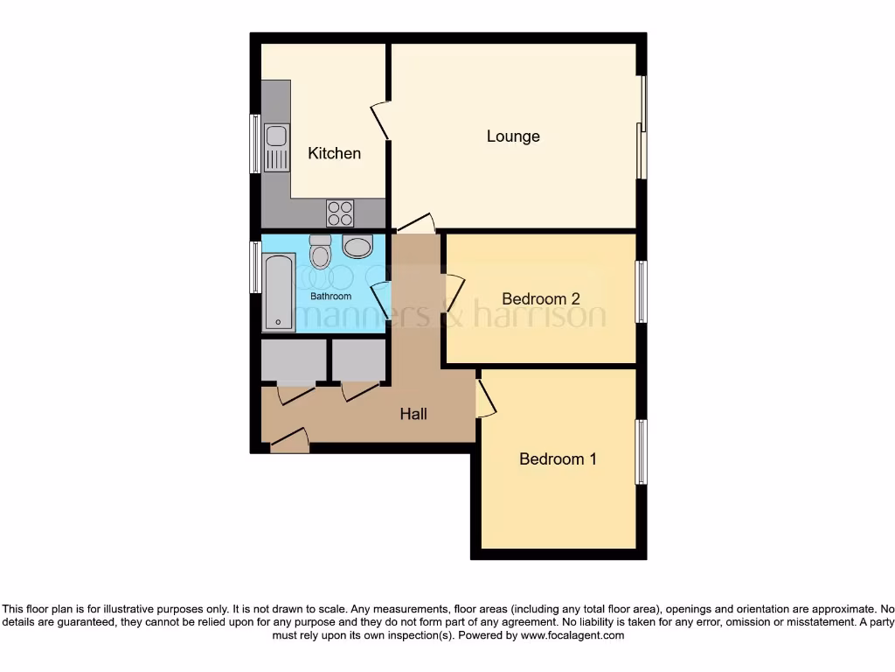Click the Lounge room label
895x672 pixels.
pyautogui.click(x=513, y=136)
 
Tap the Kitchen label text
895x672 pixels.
pyautogui.click(x=334, y=154)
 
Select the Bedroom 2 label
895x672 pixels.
pyautogui.click(x=541, y=298)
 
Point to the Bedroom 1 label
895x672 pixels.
pyautogui.click(x=558, y=459)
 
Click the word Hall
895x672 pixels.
pyautogui.click(x=413, y=414)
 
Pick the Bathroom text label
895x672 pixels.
pyautogui.click(x=330, y=297)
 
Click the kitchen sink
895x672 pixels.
pyautogui.click(x=276, y=148)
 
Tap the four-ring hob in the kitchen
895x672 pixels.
pyautogui.click(x=340, y=213)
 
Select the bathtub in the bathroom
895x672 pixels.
pyautogui.click(x=279, y=293)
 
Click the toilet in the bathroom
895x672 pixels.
pyautogui.click(x=321, y=251)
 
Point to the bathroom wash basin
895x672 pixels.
pyautogui.click(x=357, y=246)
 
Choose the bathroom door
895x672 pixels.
pyautogui.click(x=380, y=299)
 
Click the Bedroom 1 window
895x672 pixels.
pyautogui.click(x=641, y=451)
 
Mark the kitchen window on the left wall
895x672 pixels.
pyautogui.click(x=255, y=143)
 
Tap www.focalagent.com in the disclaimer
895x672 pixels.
pyautogui.click(x=572, y=636)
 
